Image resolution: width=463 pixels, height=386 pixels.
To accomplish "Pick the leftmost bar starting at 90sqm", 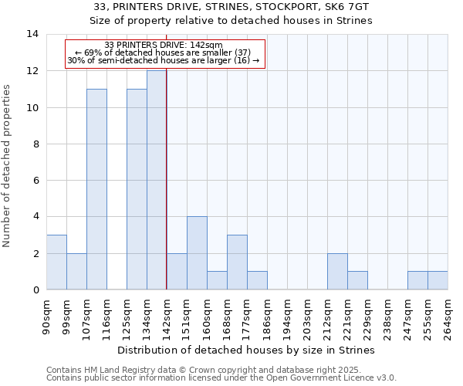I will pyautogui.click(x=56, y=262).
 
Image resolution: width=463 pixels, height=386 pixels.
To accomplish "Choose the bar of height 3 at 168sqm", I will pyautogui.click(x=237, y=262).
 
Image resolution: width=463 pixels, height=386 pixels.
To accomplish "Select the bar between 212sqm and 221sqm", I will pyautogui.click(x=337, y=272).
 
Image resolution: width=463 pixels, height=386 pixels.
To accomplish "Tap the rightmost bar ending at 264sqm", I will pyautogui.click(x=438, y=281).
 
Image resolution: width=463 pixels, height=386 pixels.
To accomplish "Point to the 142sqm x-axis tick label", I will pyautogui.click(x=167, y=317).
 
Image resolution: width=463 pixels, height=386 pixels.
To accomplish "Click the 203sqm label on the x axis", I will pyautogui.click(x=307, y=317).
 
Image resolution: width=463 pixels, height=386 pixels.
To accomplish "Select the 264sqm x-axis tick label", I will pyautogui.click(x=448, y=317).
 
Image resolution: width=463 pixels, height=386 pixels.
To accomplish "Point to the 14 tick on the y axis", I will pyautogui.click(x=32, y=34).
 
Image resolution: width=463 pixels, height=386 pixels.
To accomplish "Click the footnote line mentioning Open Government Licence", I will pyautogui.click(x=221, y=378).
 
